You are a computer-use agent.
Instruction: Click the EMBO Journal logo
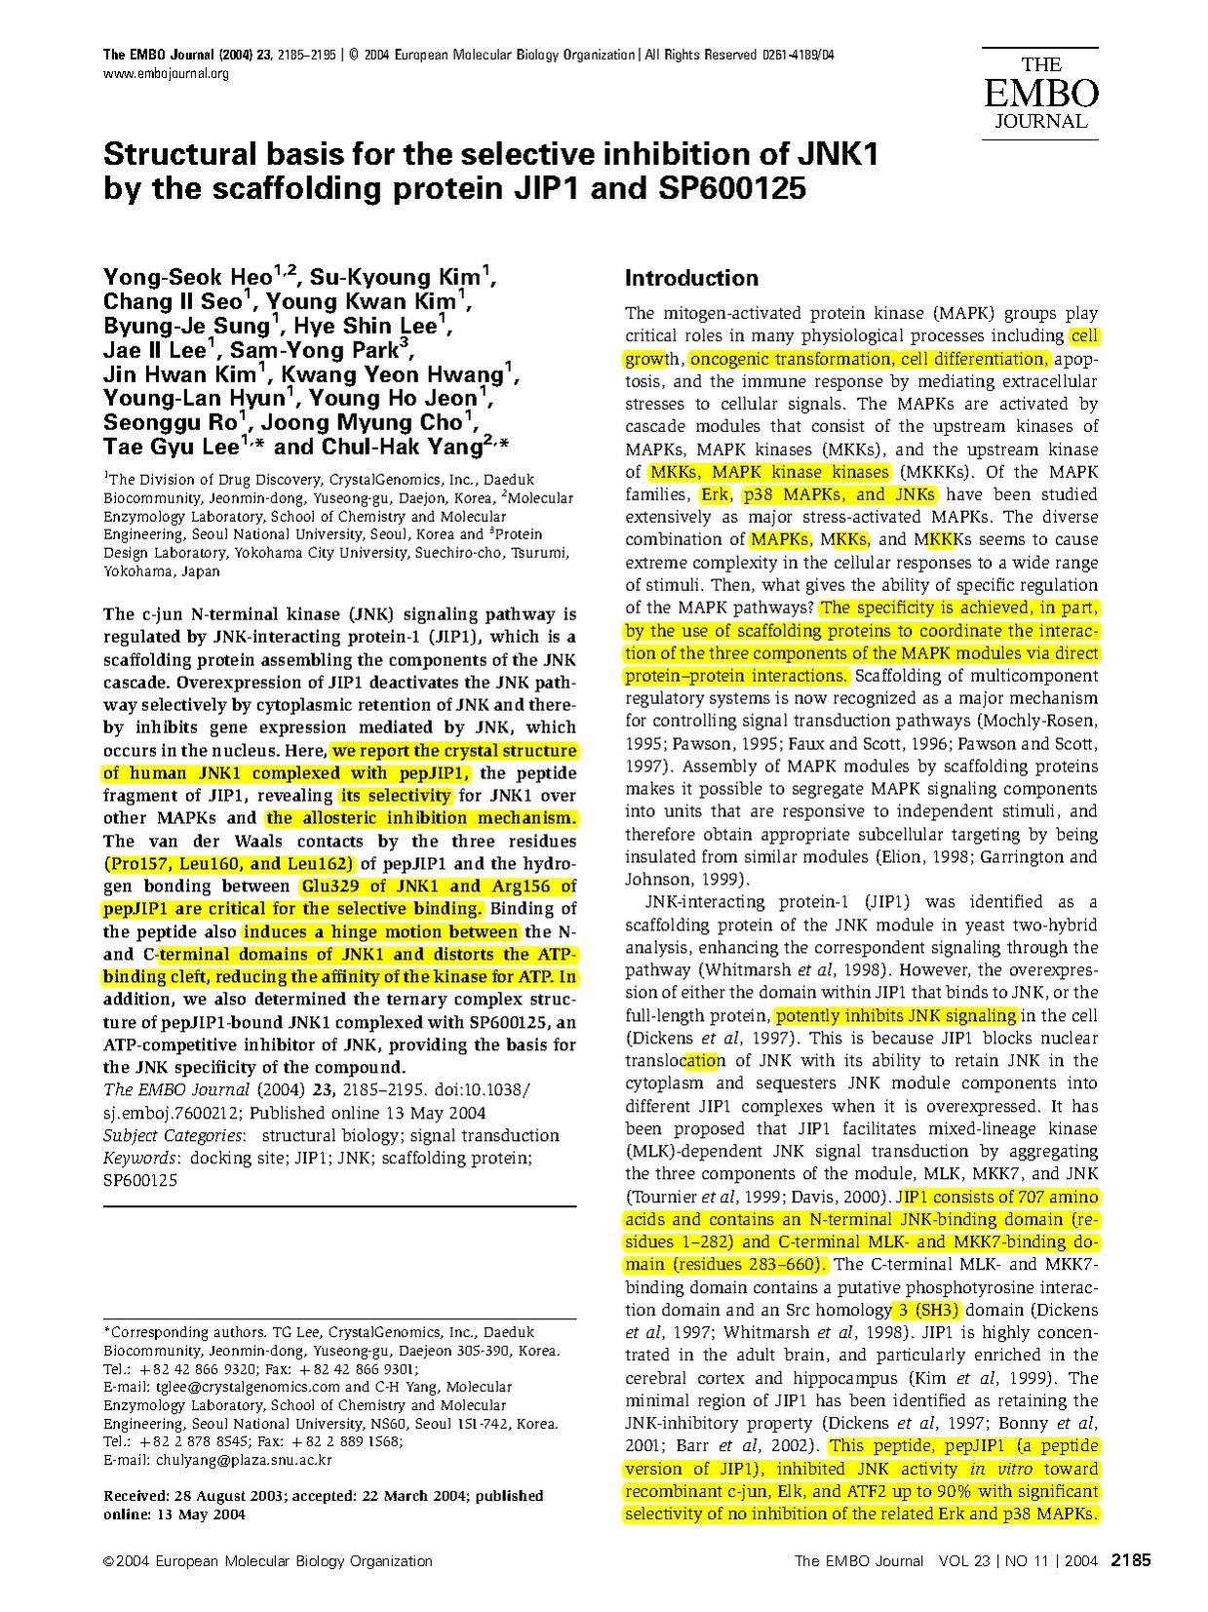(1040, 94)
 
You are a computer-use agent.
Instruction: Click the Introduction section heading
(691, 278)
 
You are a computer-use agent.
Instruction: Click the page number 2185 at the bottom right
(1132, 1560)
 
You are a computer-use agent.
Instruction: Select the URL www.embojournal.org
(166, 74)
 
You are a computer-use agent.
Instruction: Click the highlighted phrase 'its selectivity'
(395, 796)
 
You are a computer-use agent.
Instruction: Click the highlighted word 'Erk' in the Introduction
(715, 494)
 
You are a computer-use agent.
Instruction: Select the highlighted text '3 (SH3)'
(927, 1310)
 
